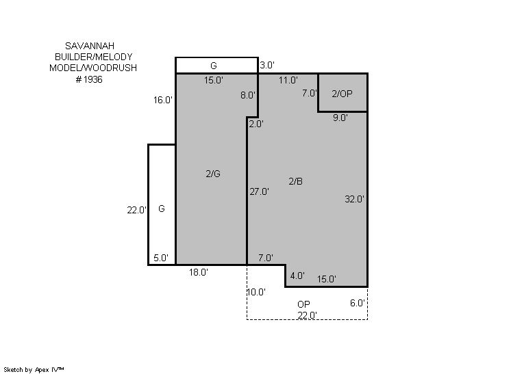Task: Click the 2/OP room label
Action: point(342,94)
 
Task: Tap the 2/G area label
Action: point(213,174)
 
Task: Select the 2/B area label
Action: point(296,181)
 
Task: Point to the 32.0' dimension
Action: point(354,199)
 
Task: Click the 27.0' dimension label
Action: point(259,191)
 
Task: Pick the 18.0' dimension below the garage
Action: point(199,272)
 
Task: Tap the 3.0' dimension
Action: point(267,65)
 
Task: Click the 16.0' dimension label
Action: point(163,100)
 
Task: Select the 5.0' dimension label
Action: point(161,258)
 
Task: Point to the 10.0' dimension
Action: point(256,292)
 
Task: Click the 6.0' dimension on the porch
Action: point(357,303)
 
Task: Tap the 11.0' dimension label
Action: point(288,80)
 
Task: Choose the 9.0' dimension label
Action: point(340,118)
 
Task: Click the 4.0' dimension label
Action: point(297,276)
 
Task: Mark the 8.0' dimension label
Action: point(248,95)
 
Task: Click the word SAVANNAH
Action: point(90,46)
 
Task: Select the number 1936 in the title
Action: point(93,79)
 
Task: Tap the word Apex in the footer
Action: point(42,370)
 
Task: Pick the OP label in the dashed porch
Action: point(303,304)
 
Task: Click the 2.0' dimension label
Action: point(256,124)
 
